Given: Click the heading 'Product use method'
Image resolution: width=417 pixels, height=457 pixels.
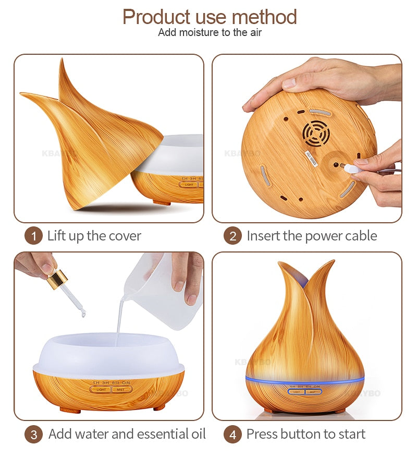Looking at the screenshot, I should (x=209, y=17).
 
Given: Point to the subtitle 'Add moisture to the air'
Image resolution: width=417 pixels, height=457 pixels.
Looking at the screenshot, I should (x=210, y=33).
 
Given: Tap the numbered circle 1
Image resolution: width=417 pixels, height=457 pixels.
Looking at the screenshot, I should (x=33, y=236).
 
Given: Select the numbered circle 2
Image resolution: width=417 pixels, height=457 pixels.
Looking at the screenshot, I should (x=232, y=236).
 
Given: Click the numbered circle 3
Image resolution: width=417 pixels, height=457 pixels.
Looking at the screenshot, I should (x=33, y=435).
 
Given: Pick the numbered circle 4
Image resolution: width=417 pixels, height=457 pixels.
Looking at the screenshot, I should (x=232, y=435).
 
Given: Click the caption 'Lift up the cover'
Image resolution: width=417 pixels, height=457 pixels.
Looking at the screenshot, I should (x=94, y=236).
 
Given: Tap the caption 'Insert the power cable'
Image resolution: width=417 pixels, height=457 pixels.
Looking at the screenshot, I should (x=311, y=236).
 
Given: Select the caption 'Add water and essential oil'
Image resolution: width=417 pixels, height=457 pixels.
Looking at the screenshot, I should (x=127, y=434).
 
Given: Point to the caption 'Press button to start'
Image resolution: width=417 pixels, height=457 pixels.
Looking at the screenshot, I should (x=305, y=434).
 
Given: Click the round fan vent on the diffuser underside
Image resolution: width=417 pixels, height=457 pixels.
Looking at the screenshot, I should (x=316, y=134).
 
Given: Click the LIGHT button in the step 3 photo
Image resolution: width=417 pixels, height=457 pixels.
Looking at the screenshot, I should (x=101, y=389).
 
